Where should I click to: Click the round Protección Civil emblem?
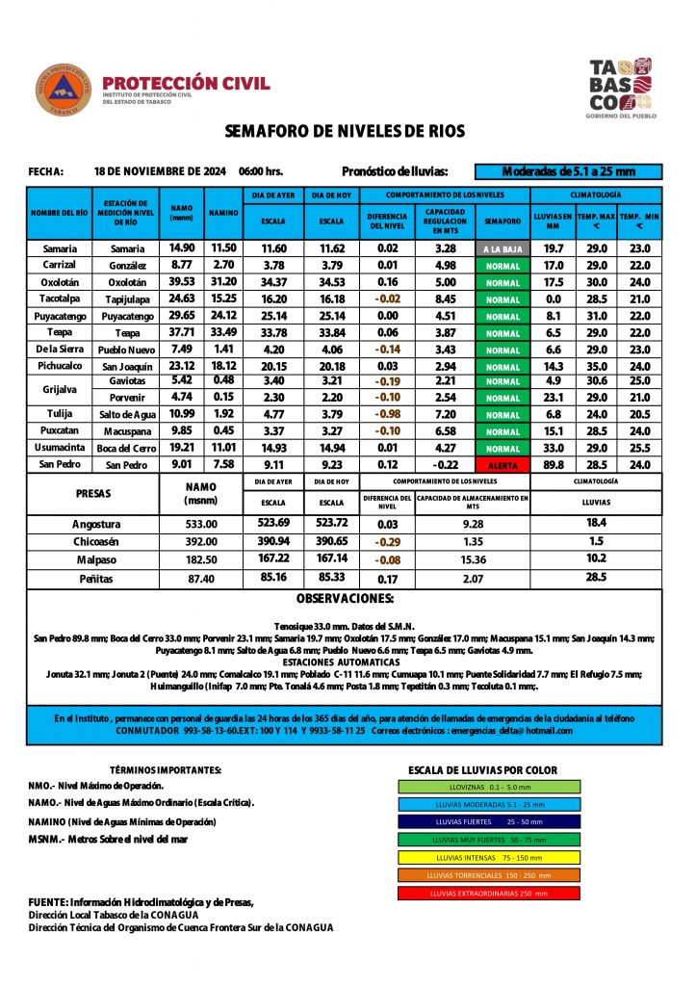pos(64,91)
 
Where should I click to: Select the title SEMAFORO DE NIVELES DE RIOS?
pos(345,131)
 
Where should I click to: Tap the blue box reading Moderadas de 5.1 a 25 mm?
pos(569,171)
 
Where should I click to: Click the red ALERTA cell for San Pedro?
pos(503,465)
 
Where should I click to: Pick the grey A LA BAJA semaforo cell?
pos(503,248)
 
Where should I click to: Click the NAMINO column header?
pos(224,213)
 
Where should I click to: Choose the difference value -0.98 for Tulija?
pos(388,414)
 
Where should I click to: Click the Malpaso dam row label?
pos(96,559)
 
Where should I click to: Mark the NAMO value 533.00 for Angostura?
pos(202,525)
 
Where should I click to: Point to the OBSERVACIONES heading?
pos(344,599)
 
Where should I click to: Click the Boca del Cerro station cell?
pos(126,448)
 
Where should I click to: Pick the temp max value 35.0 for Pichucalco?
pos(597,366)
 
